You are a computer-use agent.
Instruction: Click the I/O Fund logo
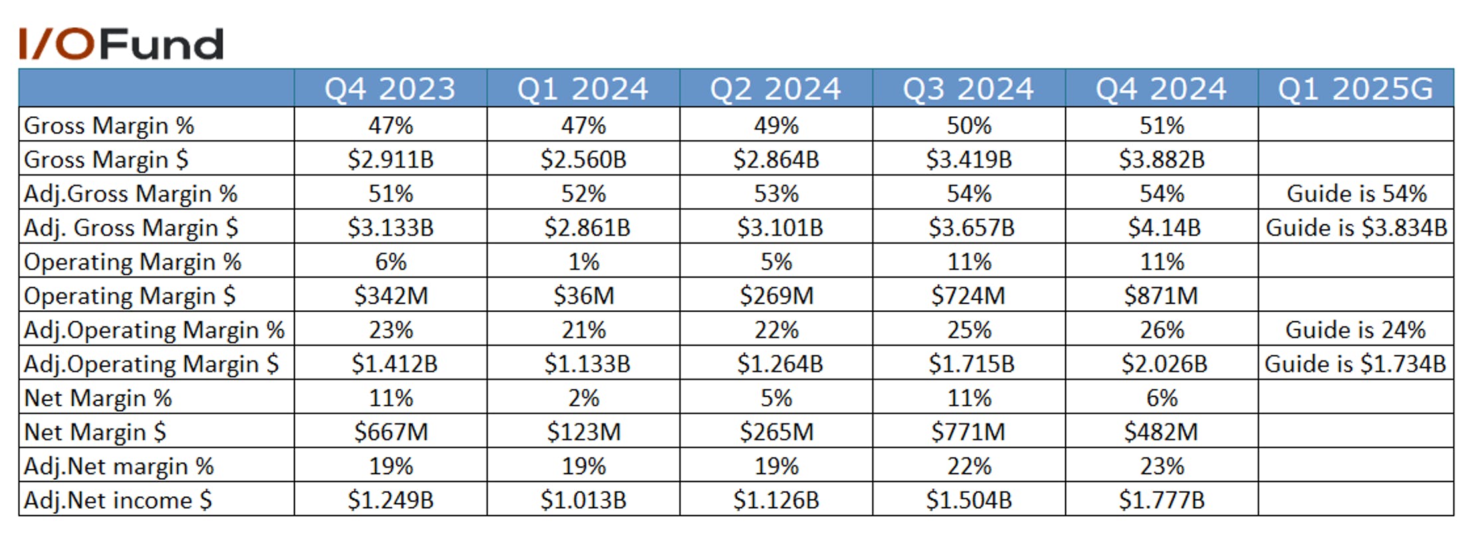click(x=121, y=45)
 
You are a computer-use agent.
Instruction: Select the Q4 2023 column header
click(x=390, y=89)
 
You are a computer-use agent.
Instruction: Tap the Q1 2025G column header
click(x=1355, y=89)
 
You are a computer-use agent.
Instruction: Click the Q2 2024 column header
click(x=776, y=89)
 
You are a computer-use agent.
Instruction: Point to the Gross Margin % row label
click(x=109, y=126)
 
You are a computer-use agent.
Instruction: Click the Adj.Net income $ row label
click(x=118, y=500)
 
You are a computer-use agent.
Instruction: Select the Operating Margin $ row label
click(x=130, y=296)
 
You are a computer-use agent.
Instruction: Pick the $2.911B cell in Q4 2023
click(x=391, y=159)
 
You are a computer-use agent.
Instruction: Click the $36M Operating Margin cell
click(x=584, y=296)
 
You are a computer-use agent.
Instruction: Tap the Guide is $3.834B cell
click(x=1356, y=228)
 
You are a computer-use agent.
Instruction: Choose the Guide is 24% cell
click(x=1355, y=330)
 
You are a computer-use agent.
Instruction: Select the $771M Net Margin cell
click(x=968, y=432)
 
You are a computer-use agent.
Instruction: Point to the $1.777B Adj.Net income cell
click(x=1162, y=500)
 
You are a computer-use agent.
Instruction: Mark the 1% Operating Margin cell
click(x=584, y=262)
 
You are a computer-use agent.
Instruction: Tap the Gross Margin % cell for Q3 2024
click(x=969, y=126)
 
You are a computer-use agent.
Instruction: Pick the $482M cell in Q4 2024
click(x=1161, y=432)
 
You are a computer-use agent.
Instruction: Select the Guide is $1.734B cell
click(x=1355, y=364)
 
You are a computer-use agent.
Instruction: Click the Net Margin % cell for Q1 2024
click(x=584, y=398)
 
